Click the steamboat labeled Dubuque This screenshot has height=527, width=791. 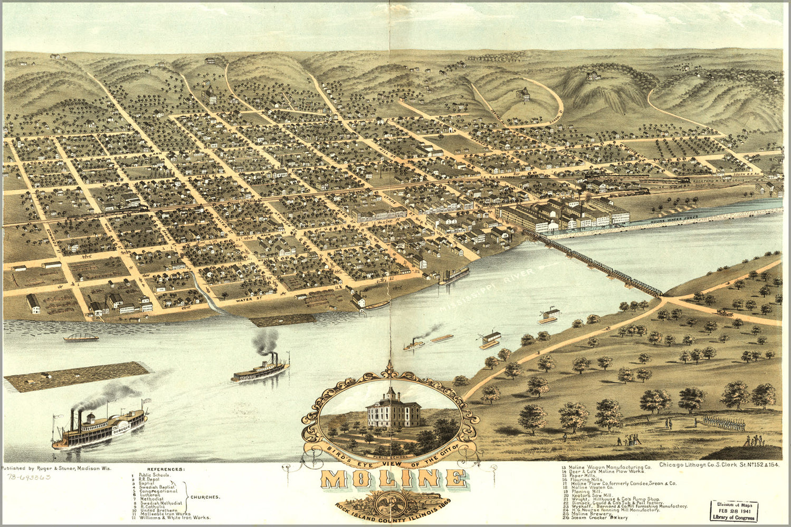click(100, 425)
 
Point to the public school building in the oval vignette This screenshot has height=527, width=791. click(393, 409)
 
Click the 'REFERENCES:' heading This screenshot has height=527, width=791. click(166, 469)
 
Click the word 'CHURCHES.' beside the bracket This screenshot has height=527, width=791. click(205, 497)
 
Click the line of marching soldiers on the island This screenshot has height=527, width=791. click(725, 423)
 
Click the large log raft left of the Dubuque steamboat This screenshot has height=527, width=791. click(77, 376)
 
